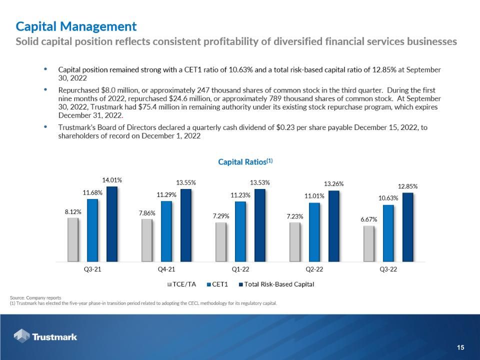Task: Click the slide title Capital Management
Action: pyautogui.click(x=76, y=26)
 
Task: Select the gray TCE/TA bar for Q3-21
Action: pyautogui.click(x=73, y=239)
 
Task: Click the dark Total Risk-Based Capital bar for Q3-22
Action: pyautogui.click(x=408, y=227)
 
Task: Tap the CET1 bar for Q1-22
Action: pyautogui.click(x=240, y=231)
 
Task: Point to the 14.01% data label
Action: pyautogui.click(x=112, y=179)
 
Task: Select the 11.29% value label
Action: pyautogui.click(x=166, y=195)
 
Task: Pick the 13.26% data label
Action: pyautogui.click(x=334, y=184)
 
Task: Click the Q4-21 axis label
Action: pyautogui.click(x=166, y=269)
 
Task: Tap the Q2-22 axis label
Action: pyautogui.click(x=314, y=269)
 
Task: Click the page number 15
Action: pyautogui.click(x=460, y=347)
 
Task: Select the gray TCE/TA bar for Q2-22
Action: pyautogui.click(x=295, y=242)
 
